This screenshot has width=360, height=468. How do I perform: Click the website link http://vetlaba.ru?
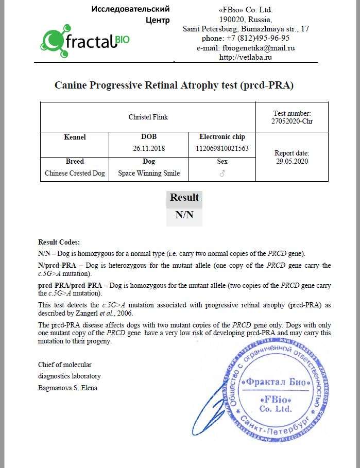click(x=245, y=57)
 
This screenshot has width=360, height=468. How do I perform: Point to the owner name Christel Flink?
click(x=148, y=117)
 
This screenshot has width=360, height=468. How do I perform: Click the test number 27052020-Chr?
click(x=292, y=122)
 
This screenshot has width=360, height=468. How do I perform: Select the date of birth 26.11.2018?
click(x=149, y=148)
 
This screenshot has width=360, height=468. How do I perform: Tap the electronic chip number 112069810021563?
click(x=222, y=148)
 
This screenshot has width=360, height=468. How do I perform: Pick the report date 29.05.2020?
click(x=292, y=161)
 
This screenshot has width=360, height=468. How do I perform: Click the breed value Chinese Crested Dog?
click(x=75, y=174)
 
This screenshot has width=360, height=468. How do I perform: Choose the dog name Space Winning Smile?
click(x=149, y=174)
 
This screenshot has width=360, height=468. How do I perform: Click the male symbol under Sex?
click(x=222, y=174)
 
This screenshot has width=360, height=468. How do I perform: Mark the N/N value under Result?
click(x=184, y=215)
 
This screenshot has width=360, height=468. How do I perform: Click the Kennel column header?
click(x=75, y=137)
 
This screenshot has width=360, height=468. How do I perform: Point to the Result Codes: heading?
click(x=59, y=242)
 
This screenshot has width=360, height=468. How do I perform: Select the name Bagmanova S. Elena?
click(x=67, y=388)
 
